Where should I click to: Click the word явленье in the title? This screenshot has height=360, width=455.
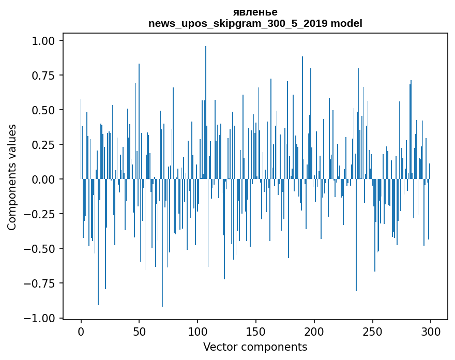(x=255, y=12)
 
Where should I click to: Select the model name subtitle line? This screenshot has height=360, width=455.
(x=255, y=23)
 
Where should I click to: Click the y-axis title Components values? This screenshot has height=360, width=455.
(x=12, y=177)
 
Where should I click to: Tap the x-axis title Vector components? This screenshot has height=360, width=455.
(x=255, y=347)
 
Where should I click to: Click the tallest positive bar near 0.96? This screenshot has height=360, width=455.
(x=206, y=103)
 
